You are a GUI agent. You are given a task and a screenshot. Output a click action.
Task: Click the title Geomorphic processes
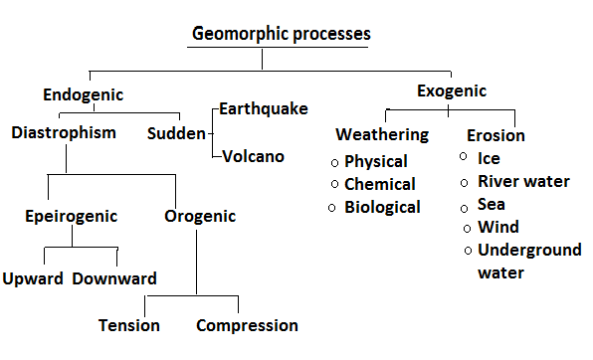282,34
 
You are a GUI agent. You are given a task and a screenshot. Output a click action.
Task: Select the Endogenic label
83,95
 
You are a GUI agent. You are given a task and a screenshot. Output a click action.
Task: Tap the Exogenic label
451,91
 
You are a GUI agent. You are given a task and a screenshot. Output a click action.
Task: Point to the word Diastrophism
65,131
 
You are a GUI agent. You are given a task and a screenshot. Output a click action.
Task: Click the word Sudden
176,132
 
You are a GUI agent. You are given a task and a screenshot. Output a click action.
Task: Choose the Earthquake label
264,108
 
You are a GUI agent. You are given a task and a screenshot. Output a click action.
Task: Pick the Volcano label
253,156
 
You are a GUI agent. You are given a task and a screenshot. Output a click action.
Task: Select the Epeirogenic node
72,216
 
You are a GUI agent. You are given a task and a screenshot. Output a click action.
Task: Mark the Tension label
129,325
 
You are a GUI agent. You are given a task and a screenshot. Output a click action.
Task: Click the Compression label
247,325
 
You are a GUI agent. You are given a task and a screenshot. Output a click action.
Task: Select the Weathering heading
382,134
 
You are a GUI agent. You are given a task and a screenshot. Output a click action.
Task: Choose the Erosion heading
494,135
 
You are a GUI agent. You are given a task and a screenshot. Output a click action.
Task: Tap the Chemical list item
380,184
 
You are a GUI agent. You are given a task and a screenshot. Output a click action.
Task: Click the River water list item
524,181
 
